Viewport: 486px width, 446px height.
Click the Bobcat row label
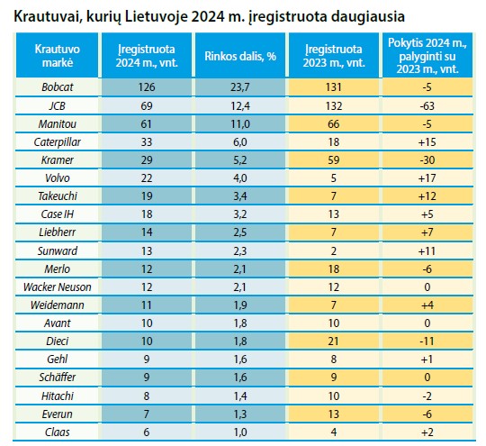point(58,87)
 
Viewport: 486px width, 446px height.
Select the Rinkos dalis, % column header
point(240,56)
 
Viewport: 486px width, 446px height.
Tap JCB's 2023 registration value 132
point(334,105)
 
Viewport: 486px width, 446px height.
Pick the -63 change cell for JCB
point(427,105)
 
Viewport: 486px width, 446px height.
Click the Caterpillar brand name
point(58,142)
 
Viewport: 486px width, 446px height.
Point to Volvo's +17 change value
point(427,178)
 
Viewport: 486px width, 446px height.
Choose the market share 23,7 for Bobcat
point(240,87)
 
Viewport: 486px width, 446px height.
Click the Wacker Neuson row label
point(58,287)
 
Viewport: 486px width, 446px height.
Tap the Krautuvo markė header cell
point(58,56)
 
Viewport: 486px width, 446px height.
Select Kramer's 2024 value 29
point(147,160)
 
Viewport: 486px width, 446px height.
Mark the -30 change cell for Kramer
point(427,160)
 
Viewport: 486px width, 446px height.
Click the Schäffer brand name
point(58,378)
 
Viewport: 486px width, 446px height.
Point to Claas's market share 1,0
point(240,432)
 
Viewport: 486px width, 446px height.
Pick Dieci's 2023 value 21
point(334,341)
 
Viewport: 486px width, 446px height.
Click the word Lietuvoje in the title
point(157,16)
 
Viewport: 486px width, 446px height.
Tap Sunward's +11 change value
point(427,250)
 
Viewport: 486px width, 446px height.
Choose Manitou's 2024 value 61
point(147,124)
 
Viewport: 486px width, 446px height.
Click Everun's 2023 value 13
point(334,414)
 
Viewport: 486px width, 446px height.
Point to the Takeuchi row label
point(58,196)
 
